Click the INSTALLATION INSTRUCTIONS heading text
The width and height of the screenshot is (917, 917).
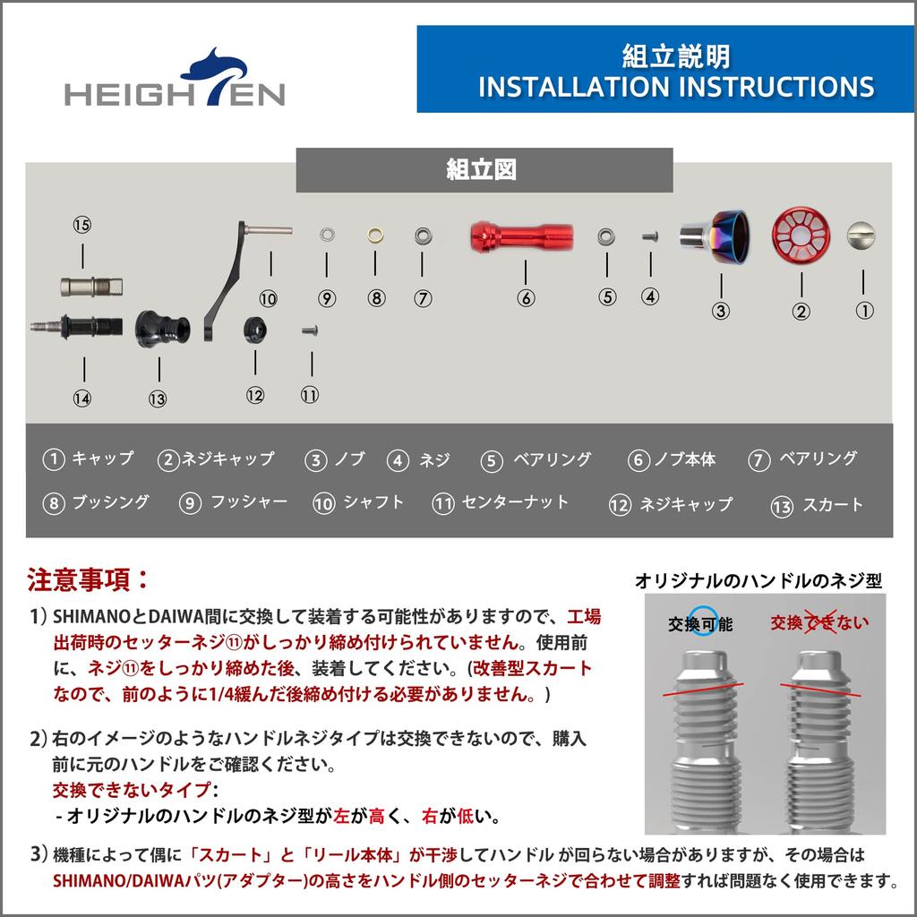click(676, 86)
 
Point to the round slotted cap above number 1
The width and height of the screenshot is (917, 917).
click(862, 236)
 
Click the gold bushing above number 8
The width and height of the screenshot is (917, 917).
click(375, 236)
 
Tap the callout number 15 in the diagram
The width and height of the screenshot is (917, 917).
click(82, 225)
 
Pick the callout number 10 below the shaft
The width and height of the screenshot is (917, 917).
click(268, 299)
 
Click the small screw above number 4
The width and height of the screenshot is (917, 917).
click(650, 236)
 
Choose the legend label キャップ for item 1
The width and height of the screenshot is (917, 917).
click(102, 458)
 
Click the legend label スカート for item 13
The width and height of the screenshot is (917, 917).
click(832, 505)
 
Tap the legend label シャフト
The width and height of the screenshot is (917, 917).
click(373, 502)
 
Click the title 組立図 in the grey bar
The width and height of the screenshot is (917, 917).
click(484, 170)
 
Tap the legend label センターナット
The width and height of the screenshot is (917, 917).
click(514, 502)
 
